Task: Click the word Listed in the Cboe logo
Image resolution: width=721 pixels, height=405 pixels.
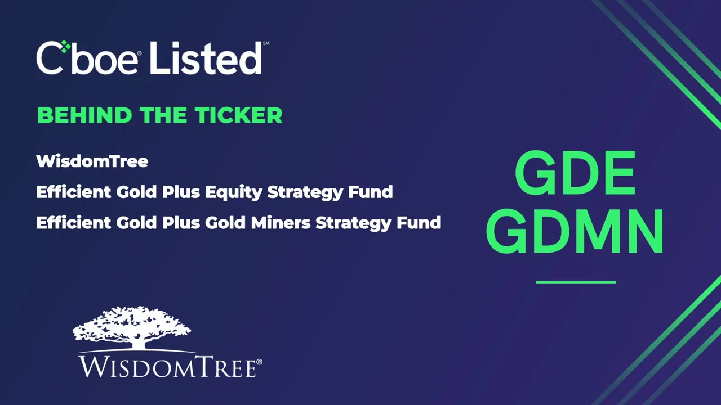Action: [x=206, y=58]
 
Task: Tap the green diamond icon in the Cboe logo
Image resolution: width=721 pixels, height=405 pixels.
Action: [x=65, y=47]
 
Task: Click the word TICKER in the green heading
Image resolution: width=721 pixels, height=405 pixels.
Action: [x=239, y=115]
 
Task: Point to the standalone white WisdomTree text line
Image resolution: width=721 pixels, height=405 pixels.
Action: [x=92, y=161]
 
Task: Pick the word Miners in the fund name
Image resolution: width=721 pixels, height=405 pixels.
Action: [x=281, y=223]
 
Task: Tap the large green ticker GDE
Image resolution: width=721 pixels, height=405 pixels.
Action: [x=575, y=174]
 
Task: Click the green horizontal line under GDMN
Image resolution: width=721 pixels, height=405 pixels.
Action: [x=576, y=282]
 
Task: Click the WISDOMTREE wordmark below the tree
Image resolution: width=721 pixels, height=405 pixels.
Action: [x=167, y=366]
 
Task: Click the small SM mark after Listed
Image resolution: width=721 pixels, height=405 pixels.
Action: [x=266, y=43]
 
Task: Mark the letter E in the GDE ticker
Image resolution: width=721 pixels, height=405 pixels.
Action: [x=616, y=174]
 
